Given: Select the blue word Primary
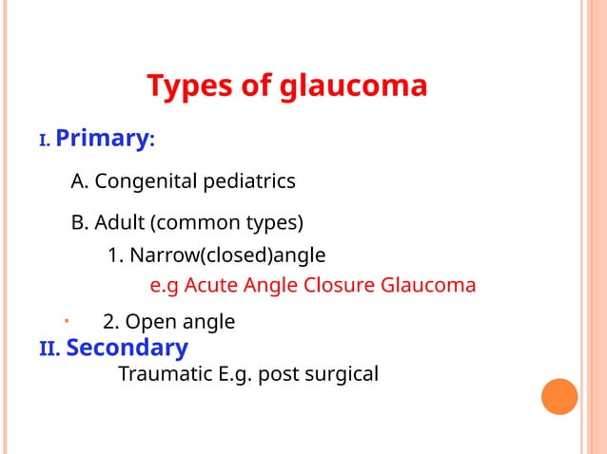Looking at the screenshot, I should [x=100, y=139].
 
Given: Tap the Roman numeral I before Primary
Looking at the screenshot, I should [x=43, y=142].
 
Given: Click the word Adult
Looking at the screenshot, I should [x=120, y=223].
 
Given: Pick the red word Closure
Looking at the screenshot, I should [x=341, y=285].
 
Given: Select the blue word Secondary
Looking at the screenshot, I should [x=127, y=348].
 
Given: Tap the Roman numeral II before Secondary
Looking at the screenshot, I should [x=49, y=350].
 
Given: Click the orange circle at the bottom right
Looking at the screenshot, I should [x=559, y=396].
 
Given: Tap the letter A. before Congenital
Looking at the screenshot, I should [x=79, y=180].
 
